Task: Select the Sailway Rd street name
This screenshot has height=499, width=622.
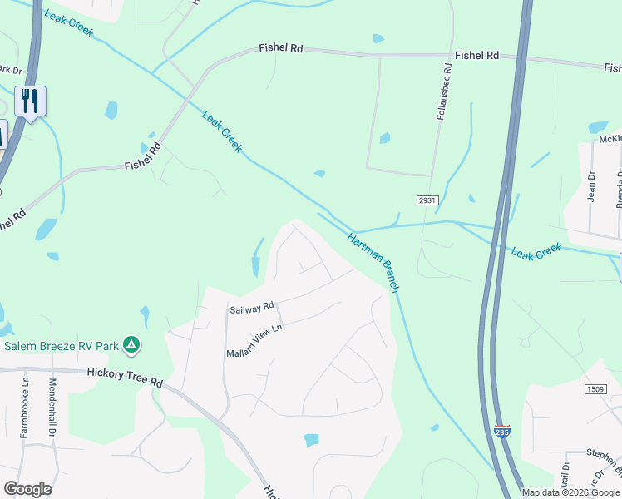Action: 251,308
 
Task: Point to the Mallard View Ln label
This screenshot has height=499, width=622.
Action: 255,341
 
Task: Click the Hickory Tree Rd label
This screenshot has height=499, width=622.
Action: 125,376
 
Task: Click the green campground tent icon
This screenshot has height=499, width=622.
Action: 131,343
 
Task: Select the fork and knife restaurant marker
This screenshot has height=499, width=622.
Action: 30,101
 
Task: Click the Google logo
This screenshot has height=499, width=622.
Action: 27,488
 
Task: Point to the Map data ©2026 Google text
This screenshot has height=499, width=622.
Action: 570,492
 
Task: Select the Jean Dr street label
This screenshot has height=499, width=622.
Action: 592,185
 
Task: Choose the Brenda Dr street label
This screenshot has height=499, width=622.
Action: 619,187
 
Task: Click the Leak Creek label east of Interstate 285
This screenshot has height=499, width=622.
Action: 536,252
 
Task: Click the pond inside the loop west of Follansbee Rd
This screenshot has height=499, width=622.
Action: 385,138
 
